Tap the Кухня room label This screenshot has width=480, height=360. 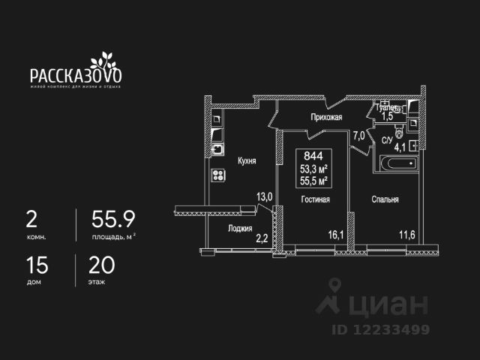pos(247,160)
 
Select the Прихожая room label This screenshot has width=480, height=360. pos(327,117)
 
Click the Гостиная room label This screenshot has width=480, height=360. pos(316,199)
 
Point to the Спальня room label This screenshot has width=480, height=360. pos(383,199)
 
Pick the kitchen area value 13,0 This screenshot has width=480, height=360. pos(265,197)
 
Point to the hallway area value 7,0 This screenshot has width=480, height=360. pos(358,136)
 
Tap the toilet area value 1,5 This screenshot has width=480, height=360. pos(388,116)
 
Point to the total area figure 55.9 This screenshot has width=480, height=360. pos(112,219)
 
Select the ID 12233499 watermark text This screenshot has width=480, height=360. pos(382,329)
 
